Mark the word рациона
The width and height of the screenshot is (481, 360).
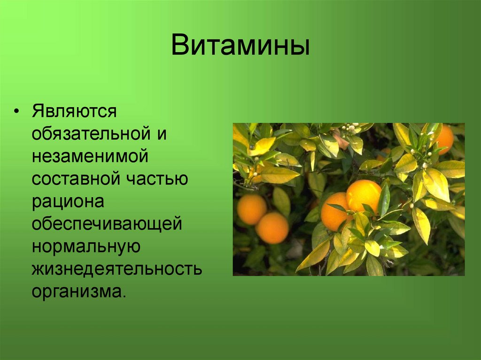pos(68,201)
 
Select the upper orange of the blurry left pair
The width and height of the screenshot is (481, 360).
pos(252,209)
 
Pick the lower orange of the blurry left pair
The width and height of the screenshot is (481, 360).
pos(272,228)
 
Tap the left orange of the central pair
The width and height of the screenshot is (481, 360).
pos(334,212)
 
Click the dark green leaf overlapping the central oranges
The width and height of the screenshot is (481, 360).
pos(384,199)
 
